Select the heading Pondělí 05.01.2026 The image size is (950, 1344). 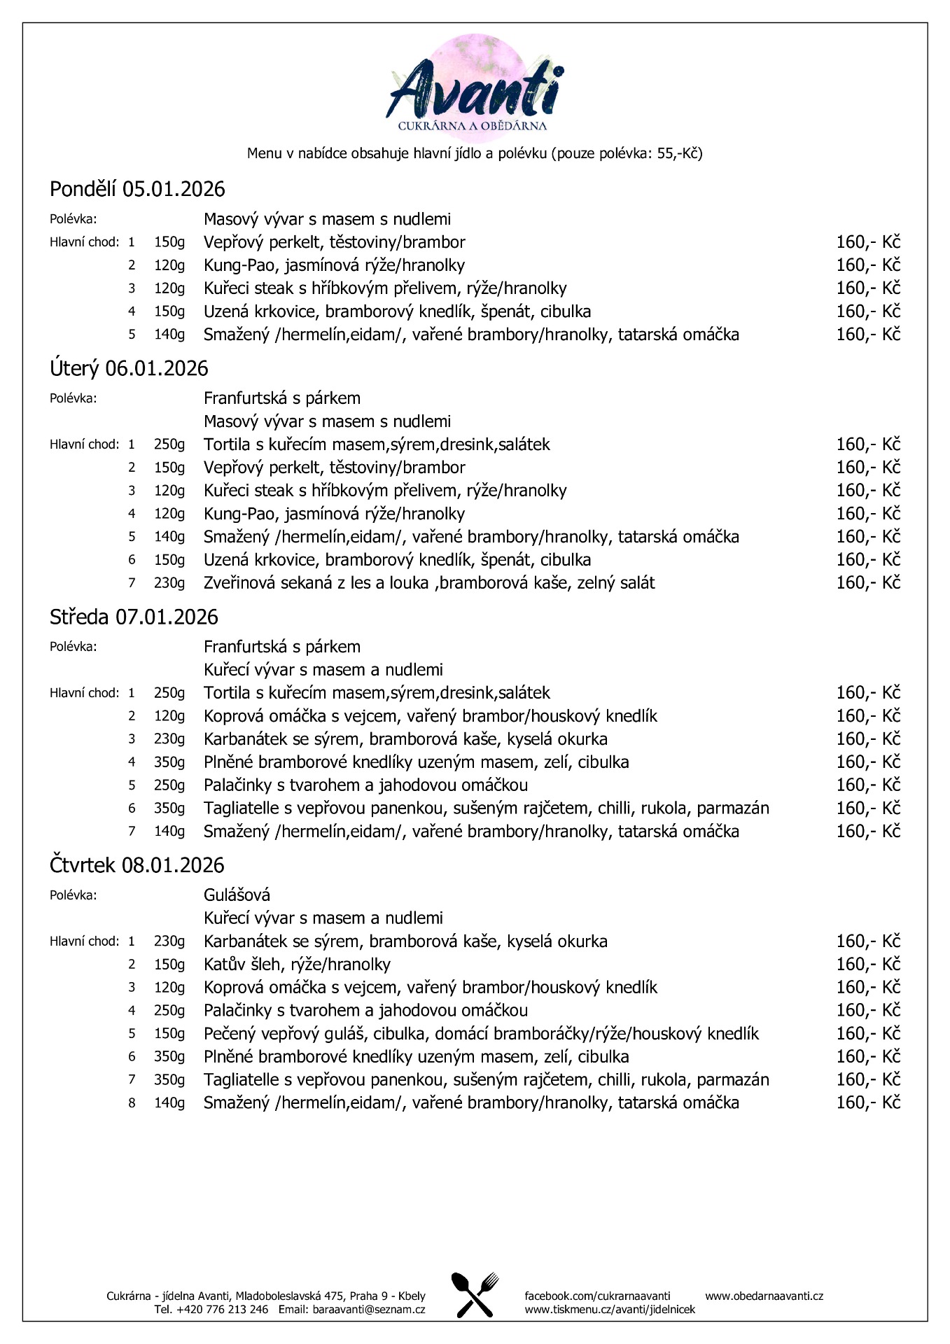click(x=137, y=189)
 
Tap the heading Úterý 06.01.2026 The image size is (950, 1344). click(x=129, y=368)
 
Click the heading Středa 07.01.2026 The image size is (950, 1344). click(x=134, y=617)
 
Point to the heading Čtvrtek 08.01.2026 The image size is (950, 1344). click(x=137, y=865)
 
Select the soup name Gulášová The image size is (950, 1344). click(x=237, y=895)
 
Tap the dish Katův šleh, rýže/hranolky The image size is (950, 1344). click(x=297, y=964)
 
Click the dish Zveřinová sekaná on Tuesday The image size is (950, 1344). click(x=428, y=582)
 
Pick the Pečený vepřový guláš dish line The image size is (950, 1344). click(x=481, y=1033)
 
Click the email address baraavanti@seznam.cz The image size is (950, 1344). click(x=369, y=1309)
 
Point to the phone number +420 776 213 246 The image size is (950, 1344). click(x=211, y=1309)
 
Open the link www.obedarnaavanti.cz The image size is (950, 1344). click(x=764, y=1296)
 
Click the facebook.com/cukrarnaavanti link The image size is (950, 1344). click(x=597, y=1296)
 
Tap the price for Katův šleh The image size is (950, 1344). click(x=867, y=964)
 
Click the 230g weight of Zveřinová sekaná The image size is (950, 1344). click(x=169, y=582)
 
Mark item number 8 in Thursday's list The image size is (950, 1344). click(x=131, y=1102)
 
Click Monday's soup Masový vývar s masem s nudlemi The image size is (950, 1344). click(x=327, y=219)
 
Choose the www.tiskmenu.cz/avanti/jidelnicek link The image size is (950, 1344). click(x=610, y=1309)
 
